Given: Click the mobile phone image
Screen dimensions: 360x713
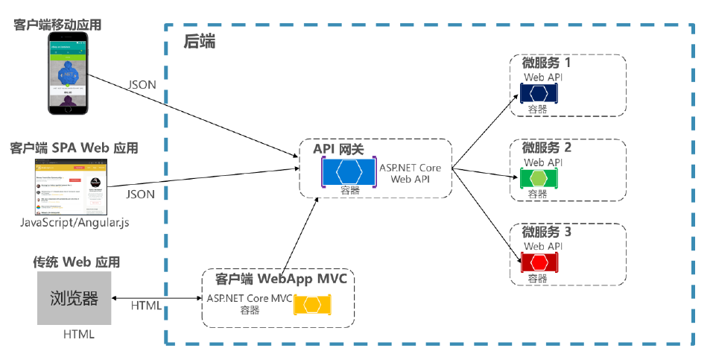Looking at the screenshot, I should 73,73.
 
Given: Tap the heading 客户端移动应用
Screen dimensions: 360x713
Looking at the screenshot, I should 57,25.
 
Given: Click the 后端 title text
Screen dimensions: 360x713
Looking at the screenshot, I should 199,42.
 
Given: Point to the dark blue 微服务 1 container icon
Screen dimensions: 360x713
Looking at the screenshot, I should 540,93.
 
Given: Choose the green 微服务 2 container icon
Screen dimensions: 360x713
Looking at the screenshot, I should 540,178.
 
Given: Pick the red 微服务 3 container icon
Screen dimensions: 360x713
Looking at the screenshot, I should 540,262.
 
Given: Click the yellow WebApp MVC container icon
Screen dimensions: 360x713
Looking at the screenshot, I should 313,305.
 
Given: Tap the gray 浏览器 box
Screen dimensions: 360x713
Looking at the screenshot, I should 75,298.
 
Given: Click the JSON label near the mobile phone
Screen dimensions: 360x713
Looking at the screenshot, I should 142,84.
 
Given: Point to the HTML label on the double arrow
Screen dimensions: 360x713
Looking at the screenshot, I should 146,306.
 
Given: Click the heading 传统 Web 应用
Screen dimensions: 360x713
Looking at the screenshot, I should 76,262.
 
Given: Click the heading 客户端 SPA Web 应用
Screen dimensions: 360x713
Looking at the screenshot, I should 74,148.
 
